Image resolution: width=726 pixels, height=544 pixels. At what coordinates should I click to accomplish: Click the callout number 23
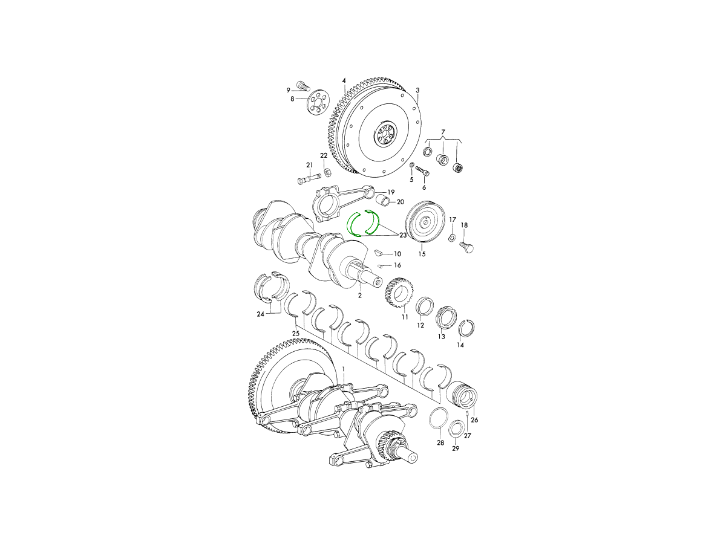[402, 235]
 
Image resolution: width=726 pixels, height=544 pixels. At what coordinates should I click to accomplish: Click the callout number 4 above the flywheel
[344, 81]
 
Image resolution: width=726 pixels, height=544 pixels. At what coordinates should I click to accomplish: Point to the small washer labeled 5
[412, 164]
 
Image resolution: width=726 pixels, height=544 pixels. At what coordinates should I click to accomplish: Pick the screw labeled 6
[422, 170]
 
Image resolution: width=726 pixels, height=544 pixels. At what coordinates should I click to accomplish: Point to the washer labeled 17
[452, 237]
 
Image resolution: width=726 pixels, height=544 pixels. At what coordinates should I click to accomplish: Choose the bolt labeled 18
[466, 247]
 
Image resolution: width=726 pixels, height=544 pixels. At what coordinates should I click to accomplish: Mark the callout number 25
[296, 333]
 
